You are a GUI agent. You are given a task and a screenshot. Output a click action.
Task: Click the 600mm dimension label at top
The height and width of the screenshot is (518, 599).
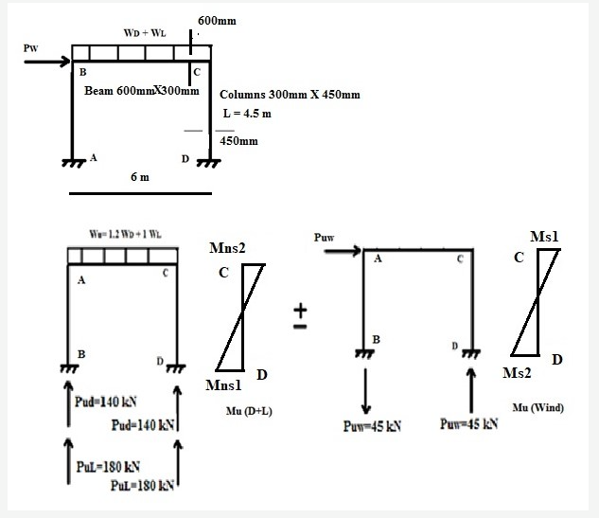tap(217, 20)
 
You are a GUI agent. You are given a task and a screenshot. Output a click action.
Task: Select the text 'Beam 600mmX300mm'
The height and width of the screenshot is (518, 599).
tap(141, 92)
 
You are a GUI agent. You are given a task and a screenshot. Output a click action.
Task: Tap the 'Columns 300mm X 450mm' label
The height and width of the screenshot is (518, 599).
tap(290, 96)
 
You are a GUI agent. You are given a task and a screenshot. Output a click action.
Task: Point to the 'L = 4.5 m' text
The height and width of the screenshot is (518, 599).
tap(246, 114)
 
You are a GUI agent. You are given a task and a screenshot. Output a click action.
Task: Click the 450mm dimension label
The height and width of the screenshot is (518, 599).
tap(238, 141)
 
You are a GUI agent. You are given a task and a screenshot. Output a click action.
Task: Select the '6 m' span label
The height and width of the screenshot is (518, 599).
tap(139, 177)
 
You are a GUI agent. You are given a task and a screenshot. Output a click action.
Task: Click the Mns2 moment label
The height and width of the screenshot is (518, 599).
tap(227, 248)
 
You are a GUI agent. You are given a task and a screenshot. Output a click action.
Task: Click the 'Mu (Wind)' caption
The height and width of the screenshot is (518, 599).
tap(537, 408)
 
